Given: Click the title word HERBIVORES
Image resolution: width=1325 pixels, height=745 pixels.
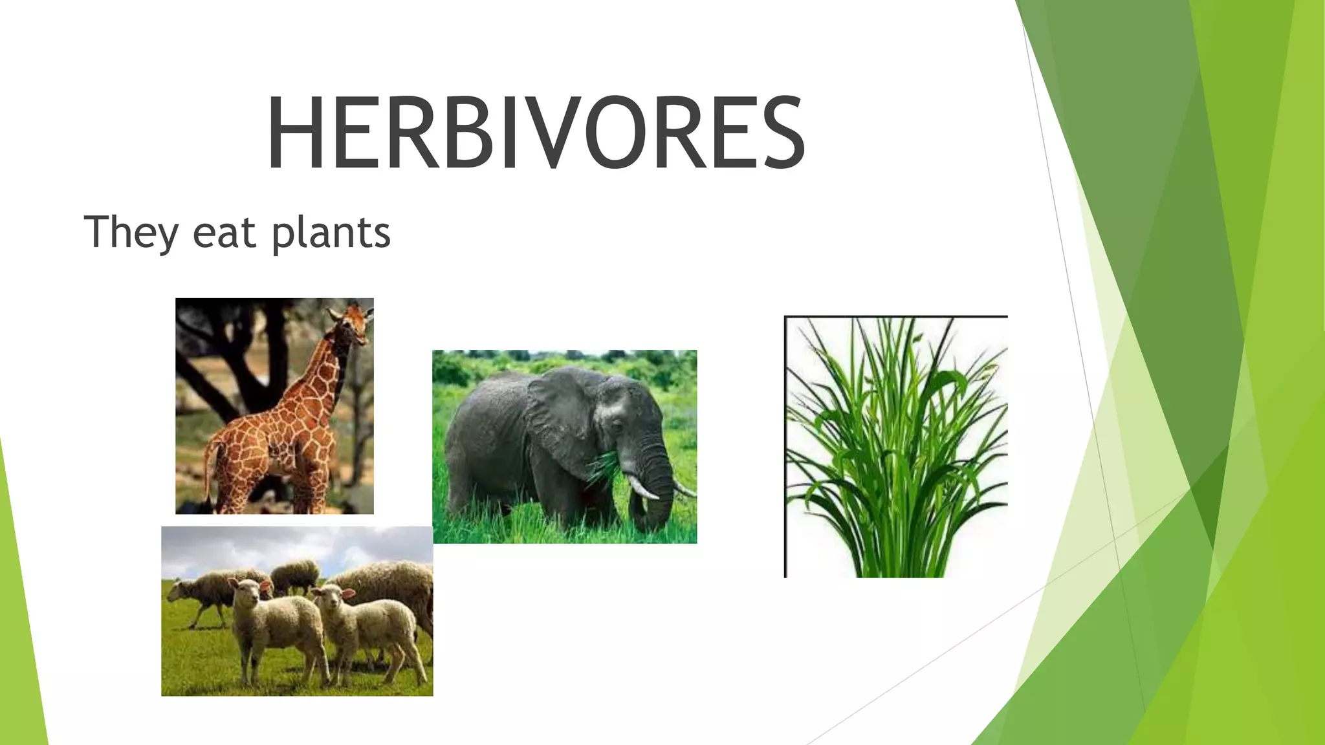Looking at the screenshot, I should click(x=536, y=133).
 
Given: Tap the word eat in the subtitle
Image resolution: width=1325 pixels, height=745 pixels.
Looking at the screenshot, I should click(x=224, y=234).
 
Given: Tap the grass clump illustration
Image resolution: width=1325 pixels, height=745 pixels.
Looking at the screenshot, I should click(x=896, y=446).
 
